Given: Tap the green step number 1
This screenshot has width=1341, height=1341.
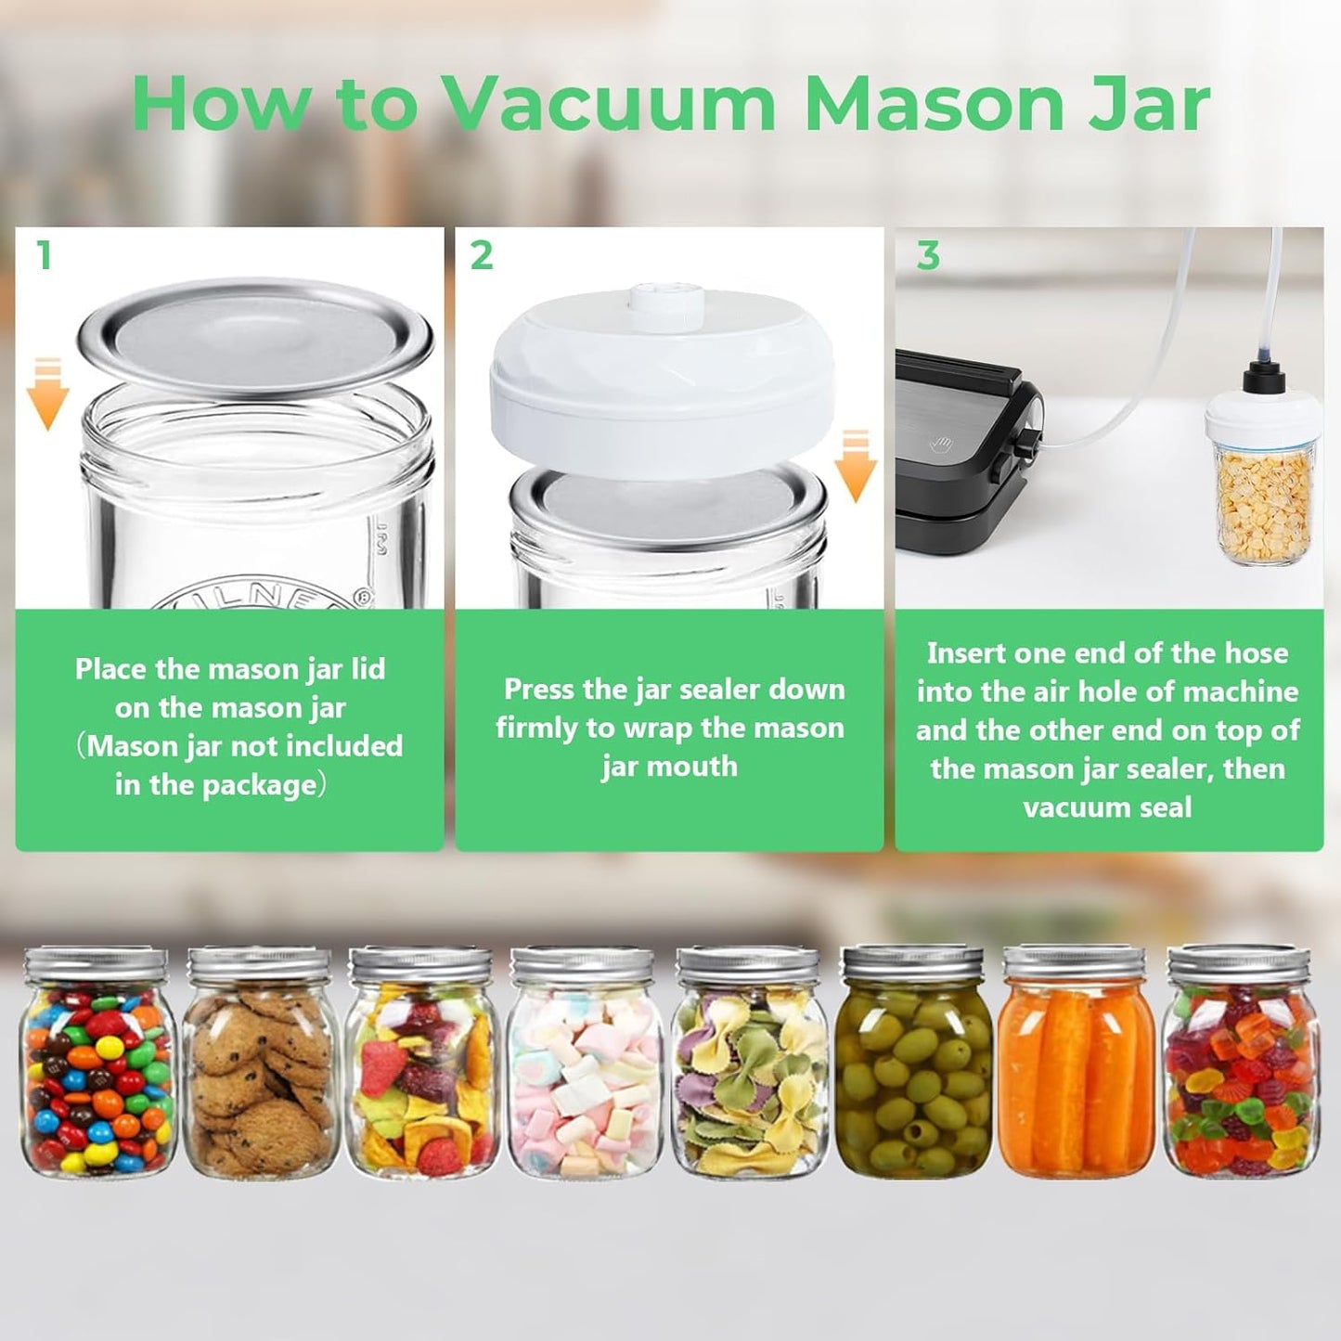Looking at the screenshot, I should pos(44,255).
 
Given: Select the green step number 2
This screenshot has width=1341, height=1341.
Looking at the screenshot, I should pos(482,255).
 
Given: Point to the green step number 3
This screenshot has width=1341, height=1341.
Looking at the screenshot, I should pos(927,255).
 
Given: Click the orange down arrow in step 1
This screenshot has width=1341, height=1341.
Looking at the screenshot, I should pos(47,394).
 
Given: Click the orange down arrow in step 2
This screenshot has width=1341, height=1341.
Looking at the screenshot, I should pos(855,466).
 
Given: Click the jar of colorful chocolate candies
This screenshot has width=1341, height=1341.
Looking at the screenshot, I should pos(98,1067).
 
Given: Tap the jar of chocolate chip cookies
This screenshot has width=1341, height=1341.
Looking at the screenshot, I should pos(259,1067).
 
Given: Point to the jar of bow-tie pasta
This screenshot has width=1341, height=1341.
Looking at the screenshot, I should pos(750,1067).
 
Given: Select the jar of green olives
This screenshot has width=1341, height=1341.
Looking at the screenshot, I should pos(913,1067).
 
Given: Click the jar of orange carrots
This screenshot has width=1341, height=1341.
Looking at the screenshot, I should pos(1077,1067).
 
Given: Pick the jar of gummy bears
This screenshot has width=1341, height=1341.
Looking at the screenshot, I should pos(1240,1067).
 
